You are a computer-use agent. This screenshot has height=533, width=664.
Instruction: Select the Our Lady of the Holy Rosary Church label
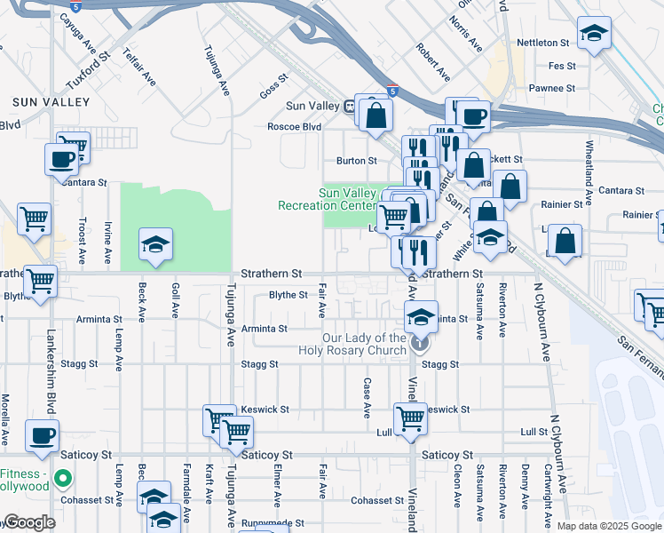pyautogui.click(x=364, y=344)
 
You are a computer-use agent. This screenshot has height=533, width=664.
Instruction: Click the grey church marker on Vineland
pyautogui.click(x=421, y=342)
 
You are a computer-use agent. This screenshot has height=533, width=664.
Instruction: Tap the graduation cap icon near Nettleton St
pyautogui.click(x=594, y=35)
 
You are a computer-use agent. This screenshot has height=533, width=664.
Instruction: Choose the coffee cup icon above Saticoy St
pyautogui.click(x=42, y=434)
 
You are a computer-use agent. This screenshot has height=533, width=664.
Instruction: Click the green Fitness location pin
pyautogui.click(x=62, y=480)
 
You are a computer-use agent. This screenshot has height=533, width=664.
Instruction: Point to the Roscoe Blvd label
pyautogui.click(x=294, y=127)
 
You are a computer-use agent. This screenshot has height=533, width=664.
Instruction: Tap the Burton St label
pyautogui.click(x=356, y=161)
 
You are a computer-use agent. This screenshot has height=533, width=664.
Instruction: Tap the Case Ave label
pyautogui.click(x=367, y=397)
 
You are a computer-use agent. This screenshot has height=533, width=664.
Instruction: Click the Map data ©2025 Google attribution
pyautogui.click(x=609, y=526)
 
